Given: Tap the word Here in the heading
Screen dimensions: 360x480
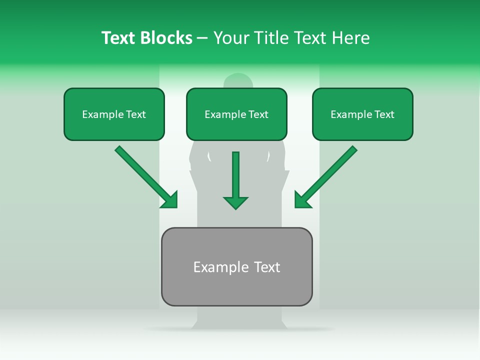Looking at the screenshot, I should (x=350, y=38).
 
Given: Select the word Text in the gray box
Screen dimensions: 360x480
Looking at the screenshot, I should (x=267, y=267).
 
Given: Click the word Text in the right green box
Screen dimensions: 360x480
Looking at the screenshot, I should (x=383, y=114).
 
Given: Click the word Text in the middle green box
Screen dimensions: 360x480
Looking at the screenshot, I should (x=258, y=114).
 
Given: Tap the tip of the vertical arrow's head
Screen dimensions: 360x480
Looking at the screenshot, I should (x=235, y=209).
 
